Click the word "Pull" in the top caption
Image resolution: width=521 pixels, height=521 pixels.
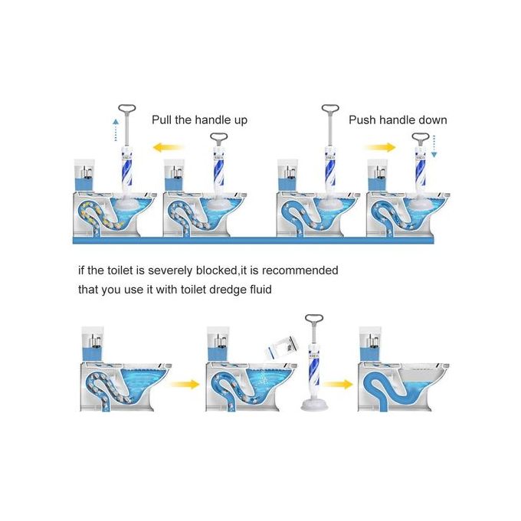pyautogui.click(x=162, y=120)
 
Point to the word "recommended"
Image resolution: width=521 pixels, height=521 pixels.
pyautogui.click(x=300, y=270)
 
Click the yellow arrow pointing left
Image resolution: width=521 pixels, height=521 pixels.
pyautogui.click(x=168, y=147)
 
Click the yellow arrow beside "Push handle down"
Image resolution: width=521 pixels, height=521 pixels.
pyautogui.click(x=380, y=147)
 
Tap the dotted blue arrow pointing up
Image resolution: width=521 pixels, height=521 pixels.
pyautogui.click(x=115, y=130)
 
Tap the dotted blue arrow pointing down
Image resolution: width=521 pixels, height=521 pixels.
pyautogui.click(x=434, y=146)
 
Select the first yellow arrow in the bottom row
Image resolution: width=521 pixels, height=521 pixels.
pyautogui.click(x=185, y=385)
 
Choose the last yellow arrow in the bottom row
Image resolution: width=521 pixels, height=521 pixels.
pyautogui.click(x=338, y=385)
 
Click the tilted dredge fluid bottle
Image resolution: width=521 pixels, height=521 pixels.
pyautogui.click(x=281, y=348)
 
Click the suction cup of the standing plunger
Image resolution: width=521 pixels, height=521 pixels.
pyautogui.click(x=314, y=404)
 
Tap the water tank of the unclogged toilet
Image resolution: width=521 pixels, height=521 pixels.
pyautogui.click(x=371, y=344)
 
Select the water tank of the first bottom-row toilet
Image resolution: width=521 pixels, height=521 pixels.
pyautogui.click(x=93, y=344)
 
